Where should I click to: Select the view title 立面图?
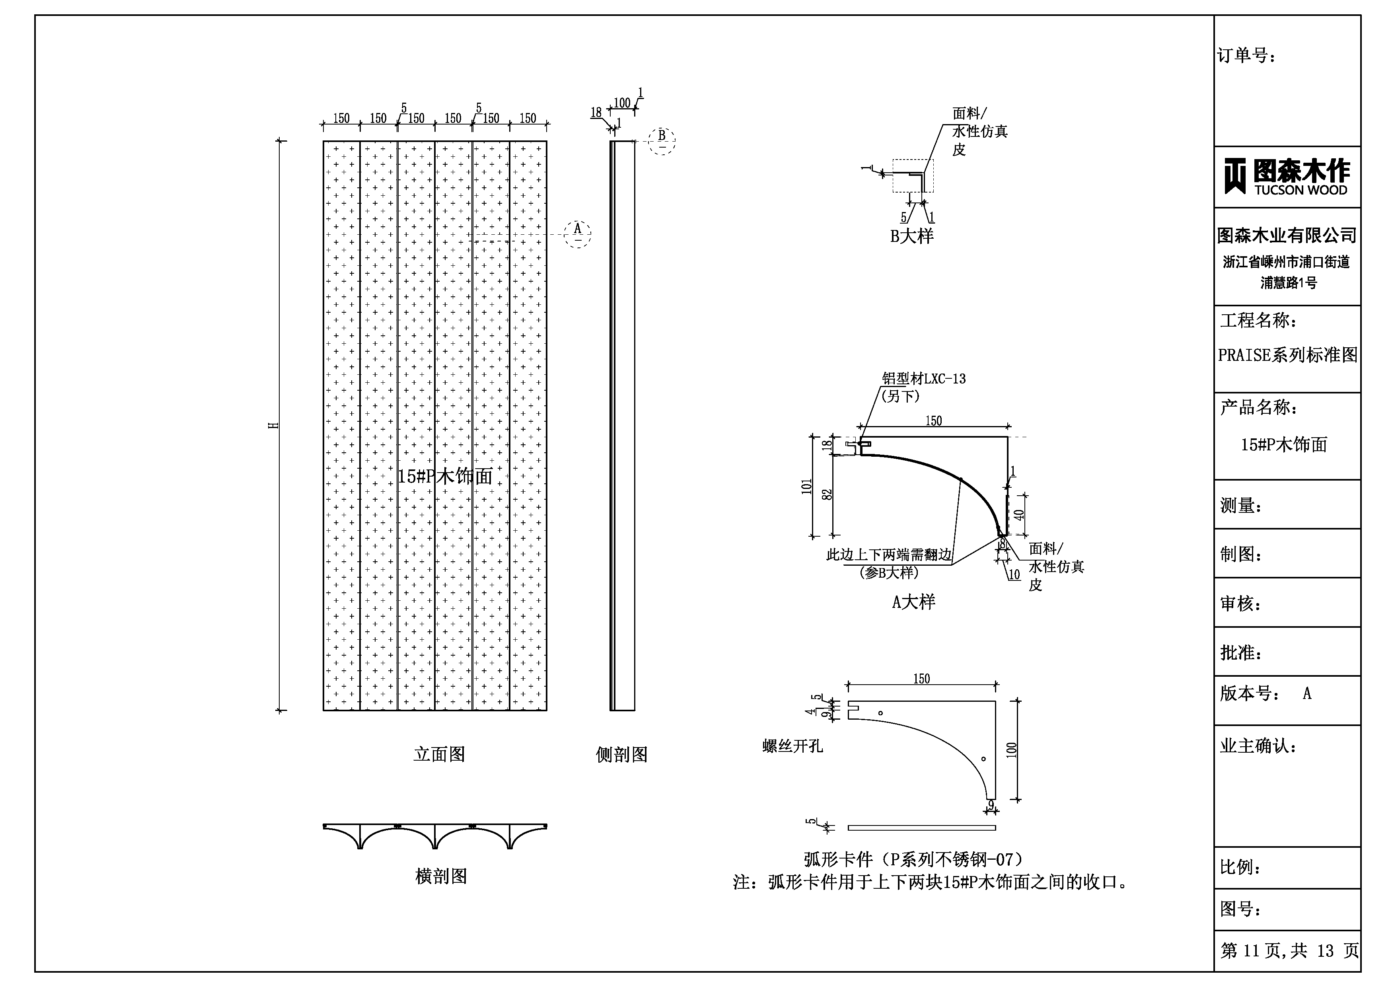(x=439, y=755)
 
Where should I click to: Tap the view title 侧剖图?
(x=621, y=755)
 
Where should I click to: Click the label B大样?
(x=911, y=236)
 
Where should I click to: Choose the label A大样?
(x=913, y=602)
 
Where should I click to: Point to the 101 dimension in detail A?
(x=807, y=487)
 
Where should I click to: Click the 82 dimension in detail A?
(x=827, y=495)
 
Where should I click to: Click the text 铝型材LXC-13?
(x=924, y=379)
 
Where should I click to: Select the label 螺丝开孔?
(x=792, y=746)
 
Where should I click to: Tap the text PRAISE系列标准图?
(x=1287, y=355)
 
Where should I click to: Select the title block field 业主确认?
(x=1258, y=746)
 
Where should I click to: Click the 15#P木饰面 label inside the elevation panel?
(x=444, y=476)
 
